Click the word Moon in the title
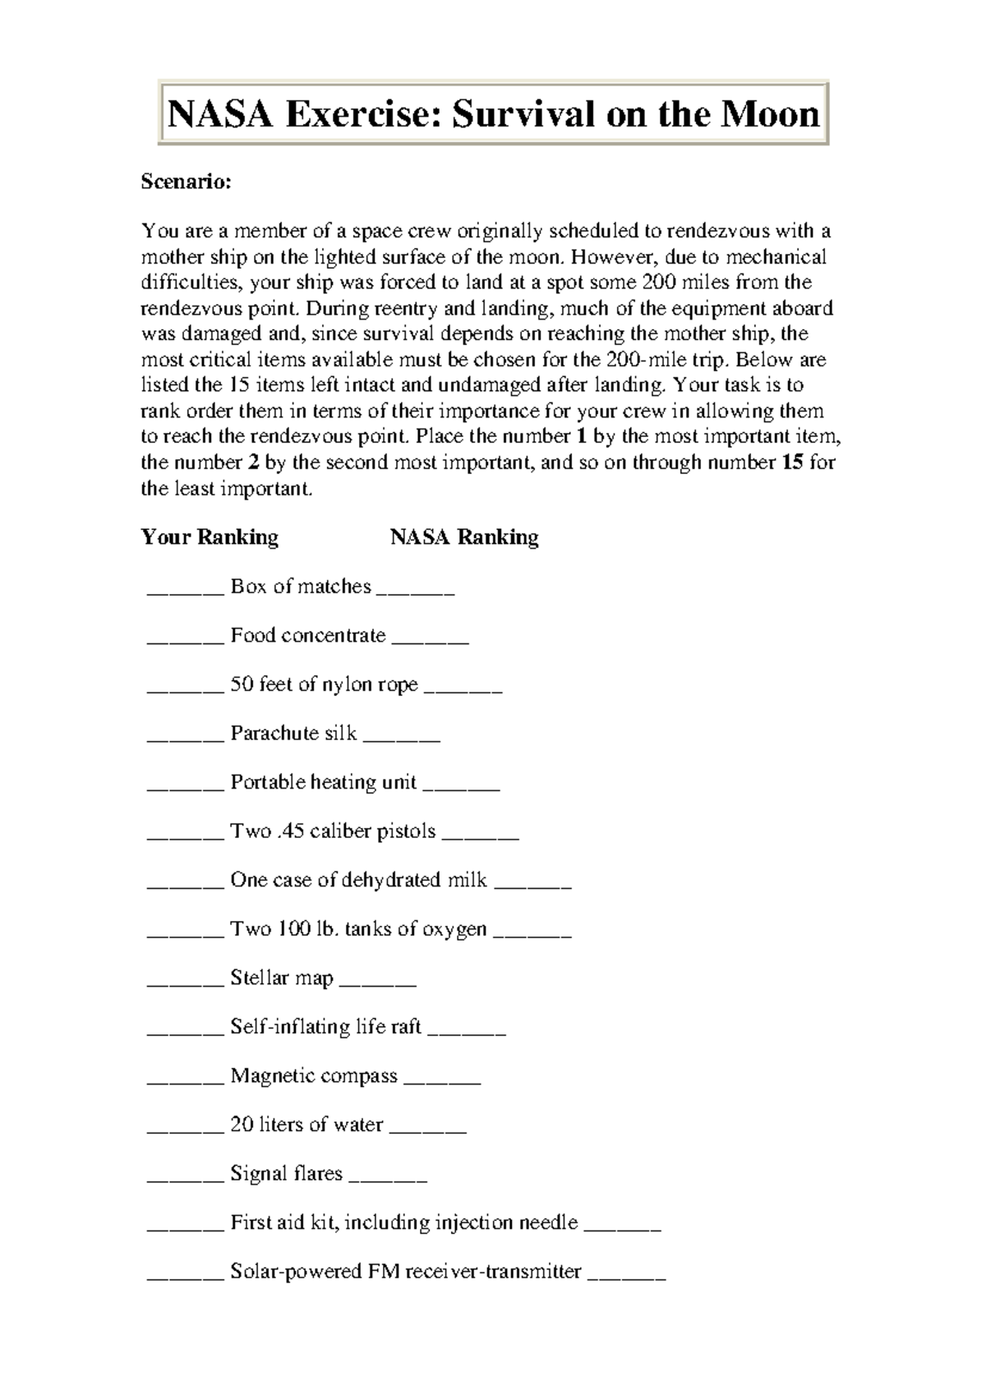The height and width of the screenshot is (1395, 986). tap(770, 114)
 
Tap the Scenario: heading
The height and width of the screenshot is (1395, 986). tap(187, 182)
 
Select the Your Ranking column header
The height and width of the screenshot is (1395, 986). tap(210, 537)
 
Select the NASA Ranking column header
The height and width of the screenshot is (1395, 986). tap(464, 537)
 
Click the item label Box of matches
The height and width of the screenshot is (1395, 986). tap(301, 587)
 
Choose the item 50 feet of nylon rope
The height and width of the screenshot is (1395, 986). tap(324, 684)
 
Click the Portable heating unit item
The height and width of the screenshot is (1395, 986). tap(323, 782)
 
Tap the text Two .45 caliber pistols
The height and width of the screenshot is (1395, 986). tap(333, 831)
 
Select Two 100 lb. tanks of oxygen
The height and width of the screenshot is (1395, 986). tap(358, 929)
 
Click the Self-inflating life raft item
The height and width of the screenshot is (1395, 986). tap(325, 1027)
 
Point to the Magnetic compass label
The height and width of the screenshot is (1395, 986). tap(314, 1076)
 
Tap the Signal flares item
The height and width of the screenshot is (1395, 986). tap(286, 1174)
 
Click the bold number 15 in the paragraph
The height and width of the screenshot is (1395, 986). tap(793, 463)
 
